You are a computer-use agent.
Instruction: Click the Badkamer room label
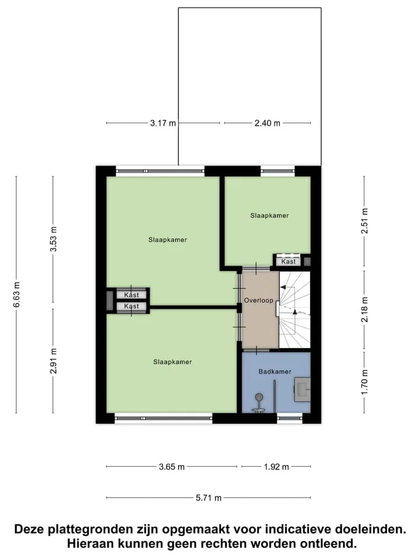[275, 371]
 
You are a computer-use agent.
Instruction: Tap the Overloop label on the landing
[258, 301]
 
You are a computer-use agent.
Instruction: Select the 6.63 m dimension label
[16, 294]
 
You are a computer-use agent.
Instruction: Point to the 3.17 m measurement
[163, 123]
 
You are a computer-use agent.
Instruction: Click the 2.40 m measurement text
[267, 123]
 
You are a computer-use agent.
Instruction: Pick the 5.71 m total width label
[208, 498]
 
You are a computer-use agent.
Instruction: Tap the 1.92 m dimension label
[276, 467]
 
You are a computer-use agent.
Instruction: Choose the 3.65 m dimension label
[172, 467]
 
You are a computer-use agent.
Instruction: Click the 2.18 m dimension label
[364, 309]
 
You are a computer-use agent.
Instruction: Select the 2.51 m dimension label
[364, 221]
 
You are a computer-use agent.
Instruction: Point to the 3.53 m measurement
[53, 239]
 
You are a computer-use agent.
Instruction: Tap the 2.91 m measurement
[53, 361]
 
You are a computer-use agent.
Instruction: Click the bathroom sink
[302, 389]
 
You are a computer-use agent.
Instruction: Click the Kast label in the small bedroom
[288, 262]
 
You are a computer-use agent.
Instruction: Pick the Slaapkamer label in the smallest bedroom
[269, 216]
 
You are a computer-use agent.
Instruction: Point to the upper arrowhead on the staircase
[283, 287]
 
